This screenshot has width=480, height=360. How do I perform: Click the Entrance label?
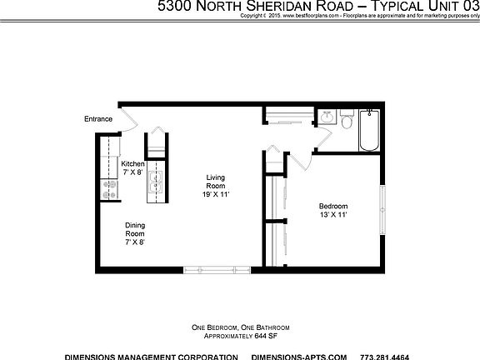click(97, 119)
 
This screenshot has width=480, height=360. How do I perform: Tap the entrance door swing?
click(130, 119)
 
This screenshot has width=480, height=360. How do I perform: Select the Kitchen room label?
click(132, 164)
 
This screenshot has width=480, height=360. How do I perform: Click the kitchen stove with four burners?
click(107, 191)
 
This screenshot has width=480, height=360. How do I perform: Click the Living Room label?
click(216, 181)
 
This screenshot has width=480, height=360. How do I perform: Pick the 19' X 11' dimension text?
click(216, 194)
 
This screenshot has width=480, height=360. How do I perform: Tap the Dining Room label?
click(134, 229)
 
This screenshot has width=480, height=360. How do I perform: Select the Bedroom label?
click(333, 206)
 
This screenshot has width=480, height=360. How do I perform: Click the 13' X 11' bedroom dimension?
click(333, 215)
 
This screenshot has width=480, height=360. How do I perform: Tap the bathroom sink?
click(327, 117)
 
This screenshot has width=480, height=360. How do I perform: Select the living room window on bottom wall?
click(203, 268)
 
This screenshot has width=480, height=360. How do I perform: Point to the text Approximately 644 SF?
click(240, 336)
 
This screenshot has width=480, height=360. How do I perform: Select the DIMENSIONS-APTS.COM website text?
click(312, 355)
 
